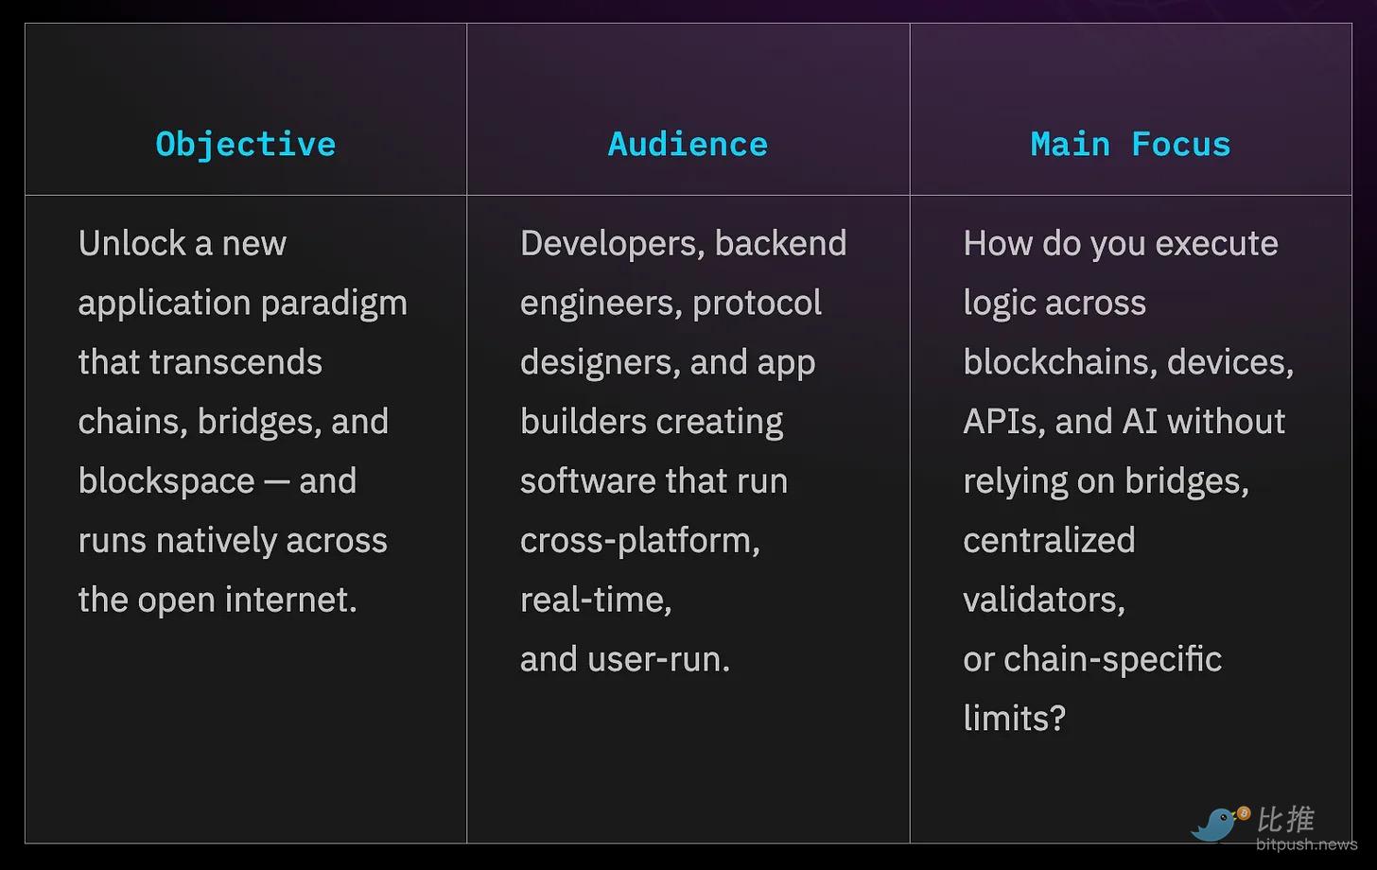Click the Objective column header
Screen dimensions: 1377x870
coord(246,145)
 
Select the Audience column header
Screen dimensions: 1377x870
coord(688,145)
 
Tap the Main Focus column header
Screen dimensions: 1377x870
coord(1130,145)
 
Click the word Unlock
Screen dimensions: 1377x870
coord(131,243)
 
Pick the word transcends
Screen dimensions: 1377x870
coord(235,361)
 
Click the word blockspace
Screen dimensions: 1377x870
coord(166,481)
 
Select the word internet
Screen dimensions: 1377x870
coord(290,600)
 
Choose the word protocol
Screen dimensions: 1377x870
coord(757,304)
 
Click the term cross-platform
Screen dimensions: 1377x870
coord(640,542)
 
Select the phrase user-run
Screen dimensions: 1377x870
coord(658,660)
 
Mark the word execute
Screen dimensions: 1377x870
coord(1216,243)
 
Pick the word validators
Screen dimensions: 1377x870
coord(1044,600)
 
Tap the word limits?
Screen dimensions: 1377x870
coord(1014,718)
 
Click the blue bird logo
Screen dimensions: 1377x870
coord(1217,824)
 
